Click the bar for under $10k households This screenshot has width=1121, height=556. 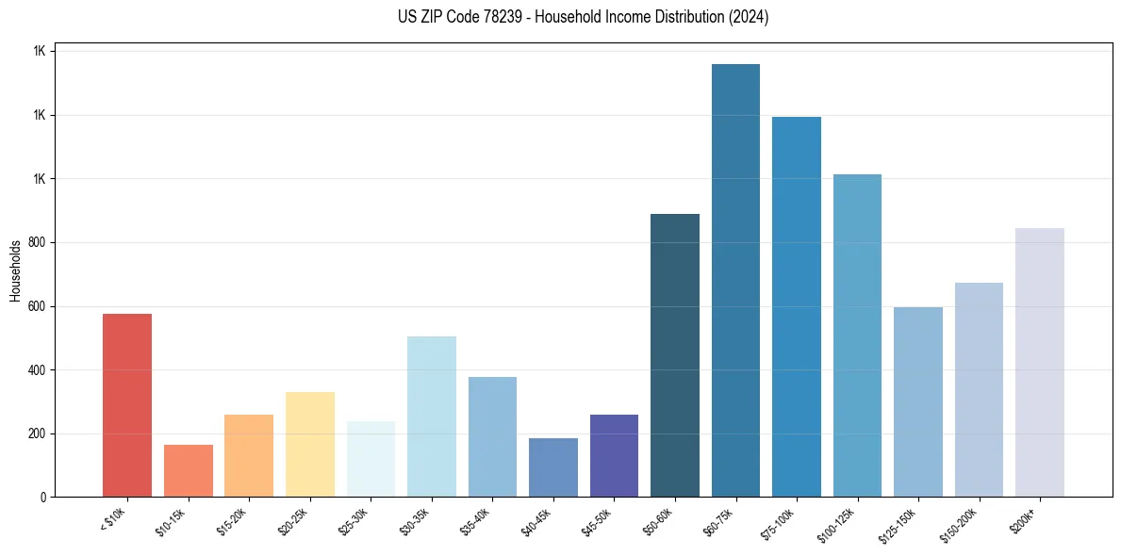tap(127, 405)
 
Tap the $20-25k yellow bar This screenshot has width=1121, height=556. tap(309, 444)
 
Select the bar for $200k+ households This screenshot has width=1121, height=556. tap(1040, 362)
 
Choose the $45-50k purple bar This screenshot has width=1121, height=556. tap(614, 455)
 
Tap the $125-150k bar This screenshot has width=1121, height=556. tap(918, 401)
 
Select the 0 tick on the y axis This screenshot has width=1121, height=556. tap(42, 498)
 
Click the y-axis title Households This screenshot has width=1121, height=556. tap(15, 270)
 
